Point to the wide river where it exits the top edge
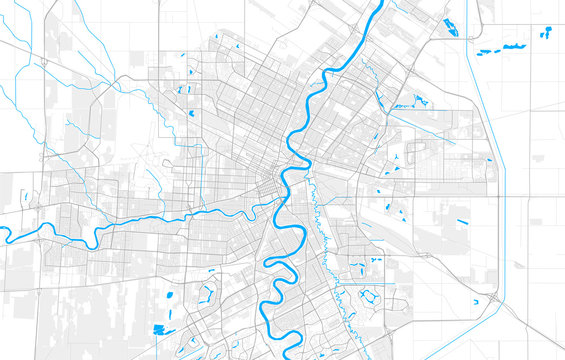click(381, 4)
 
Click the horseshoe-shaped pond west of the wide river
click(209, 294)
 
